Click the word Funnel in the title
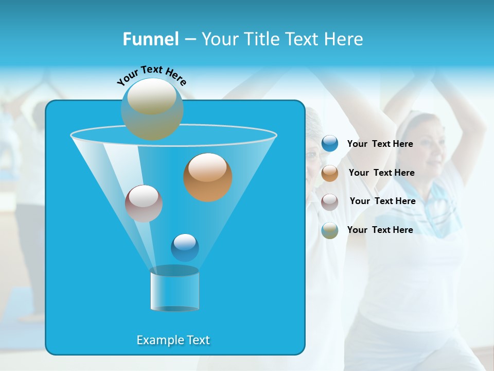pos(150,39)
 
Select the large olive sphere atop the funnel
pos(152,109)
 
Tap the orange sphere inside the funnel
pos(207,177)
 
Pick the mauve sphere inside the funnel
pos(144,204)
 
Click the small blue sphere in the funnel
pos(185,247)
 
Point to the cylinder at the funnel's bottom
pos(174,289)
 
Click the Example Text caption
pos(173,340)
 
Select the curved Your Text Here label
pos(151,75)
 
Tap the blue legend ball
pos(330,144)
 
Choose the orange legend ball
pos(330,173)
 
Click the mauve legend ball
pos(330,201)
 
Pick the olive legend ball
pos(330,230)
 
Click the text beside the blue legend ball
pos(380,144)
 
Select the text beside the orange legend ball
pos(381,173)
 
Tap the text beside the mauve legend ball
pos(382,201)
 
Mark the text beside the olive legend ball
pos(380,230)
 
